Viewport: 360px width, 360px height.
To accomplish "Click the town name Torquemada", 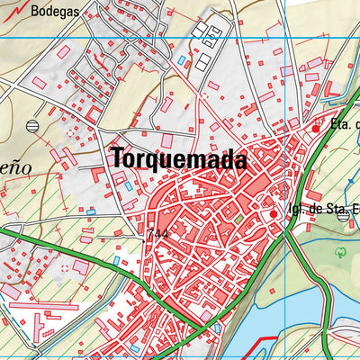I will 179,158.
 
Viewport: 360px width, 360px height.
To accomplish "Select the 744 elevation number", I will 157,233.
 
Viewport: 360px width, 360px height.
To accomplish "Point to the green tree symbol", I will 341,254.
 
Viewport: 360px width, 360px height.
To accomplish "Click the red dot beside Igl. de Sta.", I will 274,214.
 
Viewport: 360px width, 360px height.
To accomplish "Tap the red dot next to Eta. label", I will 315,128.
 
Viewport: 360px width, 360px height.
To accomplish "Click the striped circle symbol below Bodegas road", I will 33,125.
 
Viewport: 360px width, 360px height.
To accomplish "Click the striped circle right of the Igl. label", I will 342,215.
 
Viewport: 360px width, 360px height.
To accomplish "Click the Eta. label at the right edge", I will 342,124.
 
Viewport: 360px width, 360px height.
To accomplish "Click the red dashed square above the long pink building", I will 63,268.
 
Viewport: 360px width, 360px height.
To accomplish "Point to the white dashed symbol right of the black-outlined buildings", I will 205,94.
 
